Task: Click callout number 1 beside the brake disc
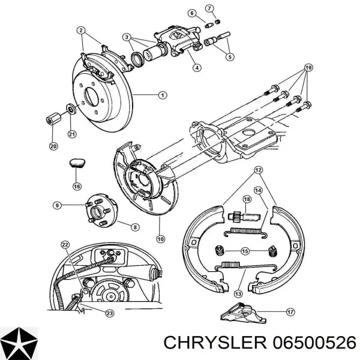click(x=163, y=95)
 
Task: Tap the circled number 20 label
click(x=53, y=146)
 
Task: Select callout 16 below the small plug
click(x=77, y=186)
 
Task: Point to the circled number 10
click(x=161, y=239)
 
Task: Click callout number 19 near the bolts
click(x=308, y=68)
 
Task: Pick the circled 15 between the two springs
click(x=245, y=251)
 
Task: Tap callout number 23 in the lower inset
click(x=110, y=313)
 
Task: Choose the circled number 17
click(x=290, y=312)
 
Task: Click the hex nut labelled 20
click(x=53, y=118)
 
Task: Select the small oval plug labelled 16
click(x=77, y=163)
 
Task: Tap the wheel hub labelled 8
click(x=102, y=211)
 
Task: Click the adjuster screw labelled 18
click(x=244, y=216)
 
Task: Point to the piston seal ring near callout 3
click(x=137, y=59)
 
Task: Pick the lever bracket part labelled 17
click(x=244, y=313)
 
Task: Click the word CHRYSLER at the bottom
click(x=215, y=343)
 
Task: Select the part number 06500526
click(x=314, y=343)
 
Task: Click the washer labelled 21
click(x=71, y=109)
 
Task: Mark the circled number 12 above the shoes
click(x=258, y=170)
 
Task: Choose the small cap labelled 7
click(x=218, y=22)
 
